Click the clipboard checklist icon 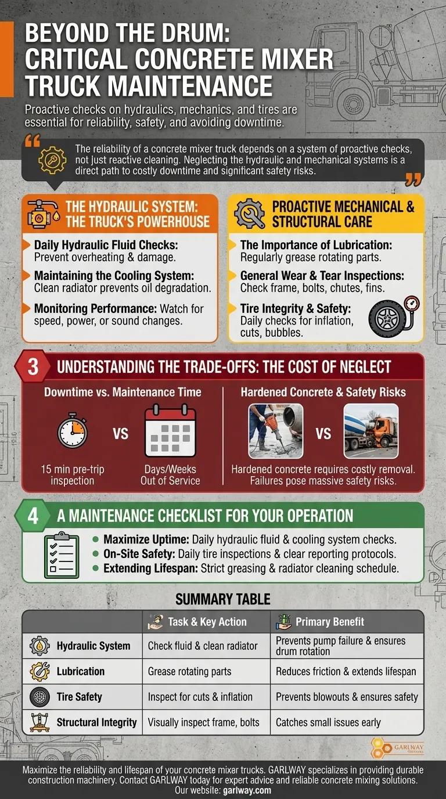(62, 556)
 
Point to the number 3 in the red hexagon (34, 367)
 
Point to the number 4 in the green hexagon (33, 516)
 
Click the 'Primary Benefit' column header (329, 622)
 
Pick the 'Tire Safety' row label (80, 697)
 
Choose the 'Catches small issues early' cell (328, 722)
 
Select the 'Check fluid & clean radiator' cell (202, 646)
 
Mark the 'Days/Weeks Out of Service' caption (170, 475)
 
